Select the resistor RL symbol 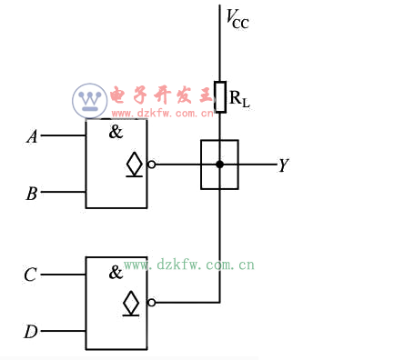click(x=219, y=96)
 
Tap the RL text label click(x=239, y=98)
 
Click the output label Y click(x=283, y=165)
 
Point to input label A click(x=32, y=137)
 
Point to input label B click(x=32, y=193)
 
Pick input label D click(x=31, y=332)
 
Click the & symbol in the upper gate click(x=116, y=132)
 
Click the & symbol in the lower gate click(x=116, y=272)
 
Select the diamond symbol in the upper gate click(x=134, y=165)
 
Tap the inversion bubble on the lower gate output click(x=150, y=303)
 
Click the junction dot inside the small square click(x=219, y=165)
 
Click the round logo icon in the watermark click(x=90, y=99)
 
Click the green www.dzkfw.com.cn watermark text click(x=188, y=266)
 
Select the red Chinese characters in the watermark click(x=159, y=95)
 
